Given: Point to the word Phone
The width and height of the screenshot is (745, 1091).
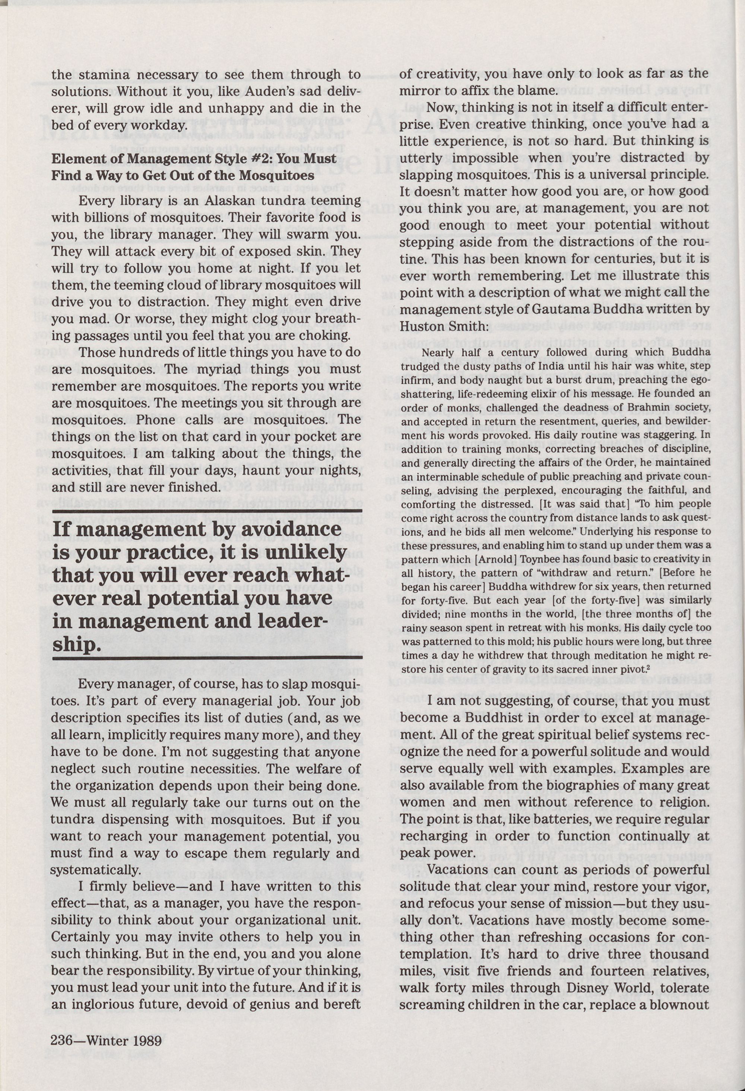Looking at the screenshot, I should [x=156, y=419].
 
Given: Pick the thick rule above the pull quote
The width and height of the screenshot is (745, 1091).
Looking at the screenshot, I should [x=207, y=510].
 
